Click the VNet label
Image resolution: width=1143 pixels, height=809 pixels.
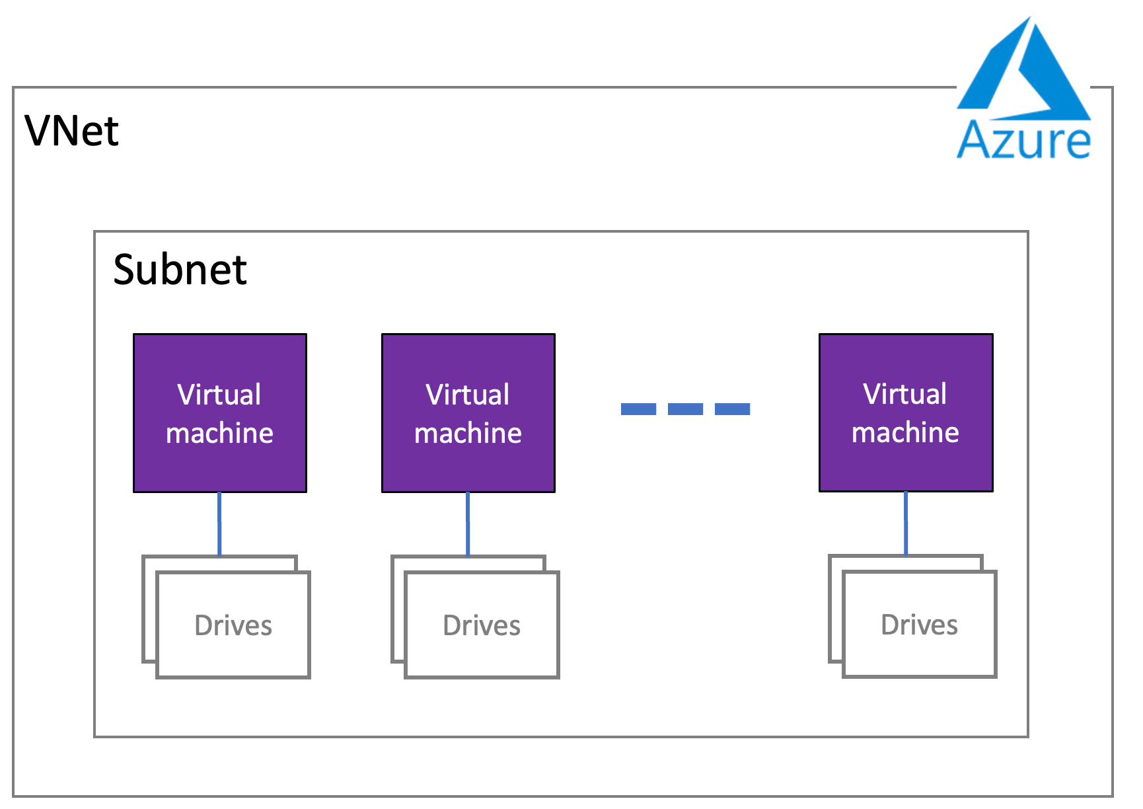(71, 130)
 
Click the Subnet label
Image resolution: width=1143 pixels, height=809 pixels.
(180, 270)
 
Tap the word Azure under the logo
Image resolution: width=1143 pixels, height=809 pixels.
(1023, 139)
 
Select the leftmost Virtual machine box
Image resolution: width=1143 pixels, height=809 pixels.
(220, 413)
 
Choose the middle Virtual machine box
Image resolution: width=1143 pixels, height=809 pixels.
(468, 413)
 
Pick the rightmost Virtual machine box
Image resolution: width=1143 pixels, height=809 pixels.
(906, 412)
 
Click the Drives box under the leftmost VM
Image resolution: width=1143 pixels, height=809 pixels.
(233, 625)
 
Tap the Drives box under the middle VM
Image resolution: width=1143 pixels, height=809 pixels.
(482, 625)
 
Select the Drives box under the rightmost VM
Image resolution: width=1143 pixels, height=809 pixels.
(920, 624)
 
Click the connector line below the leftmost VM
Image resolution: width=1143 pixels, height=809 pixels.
(219, 524)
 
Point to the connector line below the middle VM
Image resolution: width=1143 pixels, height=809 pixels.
(468, 524)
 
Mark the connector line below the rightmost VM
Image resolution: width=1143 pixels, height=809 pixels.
(906, 523)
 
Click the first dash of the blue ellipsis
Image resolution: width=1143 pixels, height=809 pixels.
(638, 409)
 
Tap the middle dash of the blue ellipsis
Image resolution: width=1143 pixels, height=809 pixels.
(685, 409)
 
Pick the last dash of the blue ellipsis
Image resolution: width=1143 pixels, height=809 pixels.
(732, 409)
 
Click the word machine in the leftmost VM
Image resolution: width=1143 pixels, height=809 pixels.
(219, 434)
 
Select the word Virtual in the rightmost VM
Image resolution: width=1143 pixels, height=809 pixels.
(905, 394)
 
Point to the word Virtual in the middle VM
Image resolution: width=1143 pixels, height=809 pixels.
(468, 395)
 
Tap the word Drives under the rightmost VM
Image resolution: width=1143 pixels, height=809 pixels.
(920, 625)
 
